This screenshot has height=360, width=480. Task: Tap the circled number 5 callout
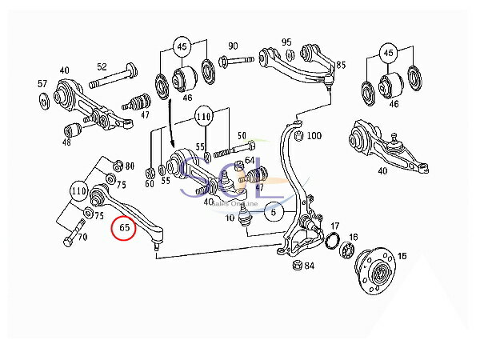pyautogui.click(x=273, y=212)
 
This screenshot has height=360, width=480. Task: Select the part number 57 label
pyautogui.click(x=42, y=83)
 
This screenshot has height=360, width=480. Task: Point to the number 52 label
pyautogui.click(x=102, y=67)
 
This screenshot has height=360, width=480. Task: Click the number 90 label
pyautogui.click(x=233, y=46)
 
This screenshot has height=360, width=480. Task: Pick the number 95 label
pyautogui.click(x=286, y=42)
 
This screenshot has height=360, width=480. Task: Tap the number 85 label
pyautogui.click(x=341, y=64)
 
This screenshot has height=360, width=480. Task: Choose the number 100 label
pyautogui.click(x=314, y=135)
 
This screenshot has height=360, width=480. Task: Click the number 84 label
pyautogui.click(x=310, y=266)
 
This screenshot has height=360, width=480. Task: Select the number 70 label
pyautogui.click(x=80, y=238)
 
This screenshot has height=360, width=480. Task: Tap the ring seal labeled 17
pyautogui.click(x=328, y=242)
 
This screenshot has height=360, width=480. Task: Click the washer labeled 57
pyautogui.click(x=42, y=100)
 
